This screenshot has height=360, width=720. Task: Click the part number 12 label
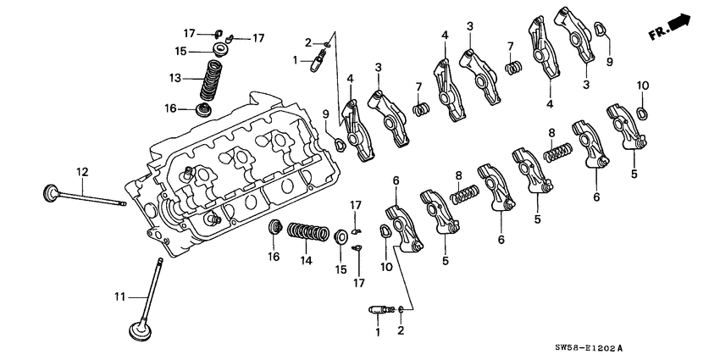pyautogui.click(x=82, y=172)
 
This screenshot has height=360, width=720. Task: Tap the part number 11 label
pyautogui.click(x=120, y=296)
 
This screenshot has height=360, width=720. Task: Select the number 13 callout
pyautogui.click(x=175, y=78)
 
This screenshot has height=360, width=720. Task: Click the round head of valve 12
pyautogui.click(x=49, y=192)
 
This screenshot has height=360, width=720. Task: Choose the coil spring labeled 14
pyautogui.click(x=308, y=231)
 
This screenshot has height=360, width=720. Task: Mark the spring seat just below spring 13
pyautogui.click(x=205, y=110)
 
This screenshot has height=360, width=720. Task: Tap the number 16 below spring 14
pyautogui.click(x=273, y=256)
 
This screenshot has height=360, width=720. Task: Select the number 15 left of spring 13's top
pyautogui.click(x=180, y=52)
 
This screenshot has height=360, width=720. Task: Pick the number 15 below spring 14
pyautogui.click(x=341, y=269)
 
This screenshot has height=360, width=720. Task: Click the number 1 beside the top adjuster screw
pyautogui.click(x=296, y=60)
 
